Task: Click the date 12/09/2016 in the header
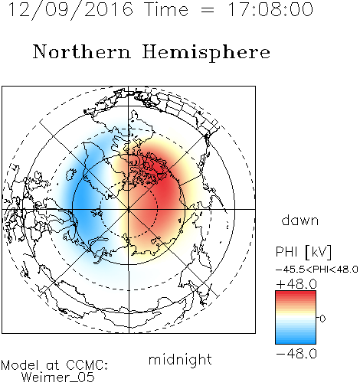click(x=70, y=10)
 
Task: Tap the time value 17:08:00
click(x=270, y=9)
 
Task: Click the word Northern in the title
click(x=82, y=51)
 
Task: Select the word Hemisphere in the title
click(x=206, y=53)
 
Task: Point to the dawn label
click(x=300, y=220)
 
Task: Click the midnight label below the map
click(x=180, y=359)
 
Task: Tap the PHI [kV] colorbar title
click(x=303, y=252)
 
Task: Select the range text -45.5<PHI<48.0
click(x=317, y=270)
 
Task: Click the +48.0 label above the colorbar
click(x=296, y=284)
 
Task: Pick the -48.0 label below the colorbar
click(x=296, y=354)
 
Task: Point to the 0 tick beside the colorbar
click(x=322, y=319)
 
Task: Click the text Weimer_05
click(x=58, y=378)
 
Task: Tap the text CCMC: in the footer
click(x=87, y=365)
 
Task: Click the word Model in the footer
click(x=20, y=365)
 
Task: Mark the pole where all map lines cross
click(x=129, y=209)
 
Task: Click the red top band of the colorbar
click(x=296, y=293)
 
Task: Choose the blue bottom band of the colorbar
click(x=296, y=341)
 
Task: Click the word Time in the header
click(x=166, y=10)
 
